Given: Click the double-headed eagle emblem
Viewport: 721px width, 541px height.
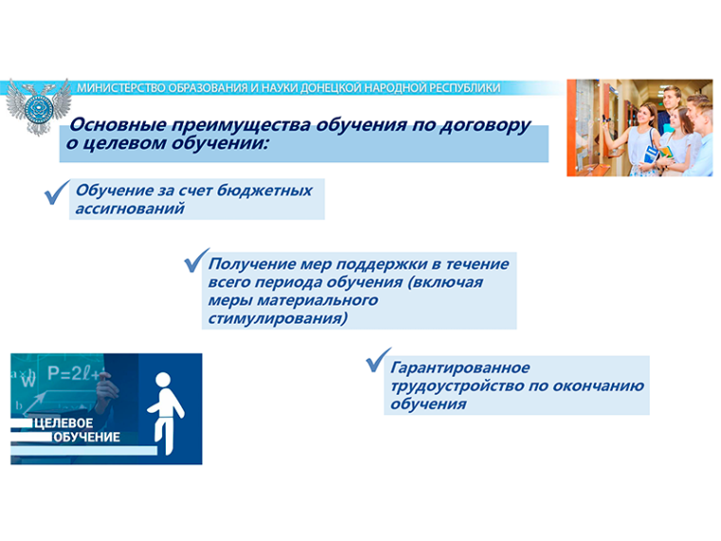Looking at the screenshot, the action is tap(39, 106).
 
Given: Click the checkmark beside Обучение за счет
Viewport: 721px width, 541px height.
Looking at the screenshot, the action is tap(57, 193).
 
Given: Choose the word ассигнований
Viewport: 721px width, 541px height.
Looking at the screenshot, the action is tap(130, 209).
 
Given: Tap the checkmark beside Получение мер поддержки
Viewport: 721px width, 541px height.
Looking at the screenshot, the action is tap(196, 260).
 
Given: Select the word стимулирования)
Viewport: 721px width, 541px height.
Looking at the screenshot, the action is tap(277, 318).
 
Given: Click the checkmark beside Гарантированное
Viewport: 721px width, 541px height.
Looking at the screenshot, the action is tap(379, 360).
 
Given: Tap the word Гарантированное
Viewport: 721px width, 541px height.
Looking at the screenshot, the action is tap(460, 367).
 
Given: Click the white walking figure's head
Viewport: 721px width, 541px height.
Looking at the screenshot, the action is tap(163, 381).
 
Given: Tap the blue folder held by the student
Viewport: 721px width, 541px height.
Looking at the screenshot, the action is tap(650, 155).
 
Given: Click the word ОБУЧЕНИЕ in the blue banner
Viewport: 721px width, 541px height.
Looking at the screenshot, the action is tap(87, 437).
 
